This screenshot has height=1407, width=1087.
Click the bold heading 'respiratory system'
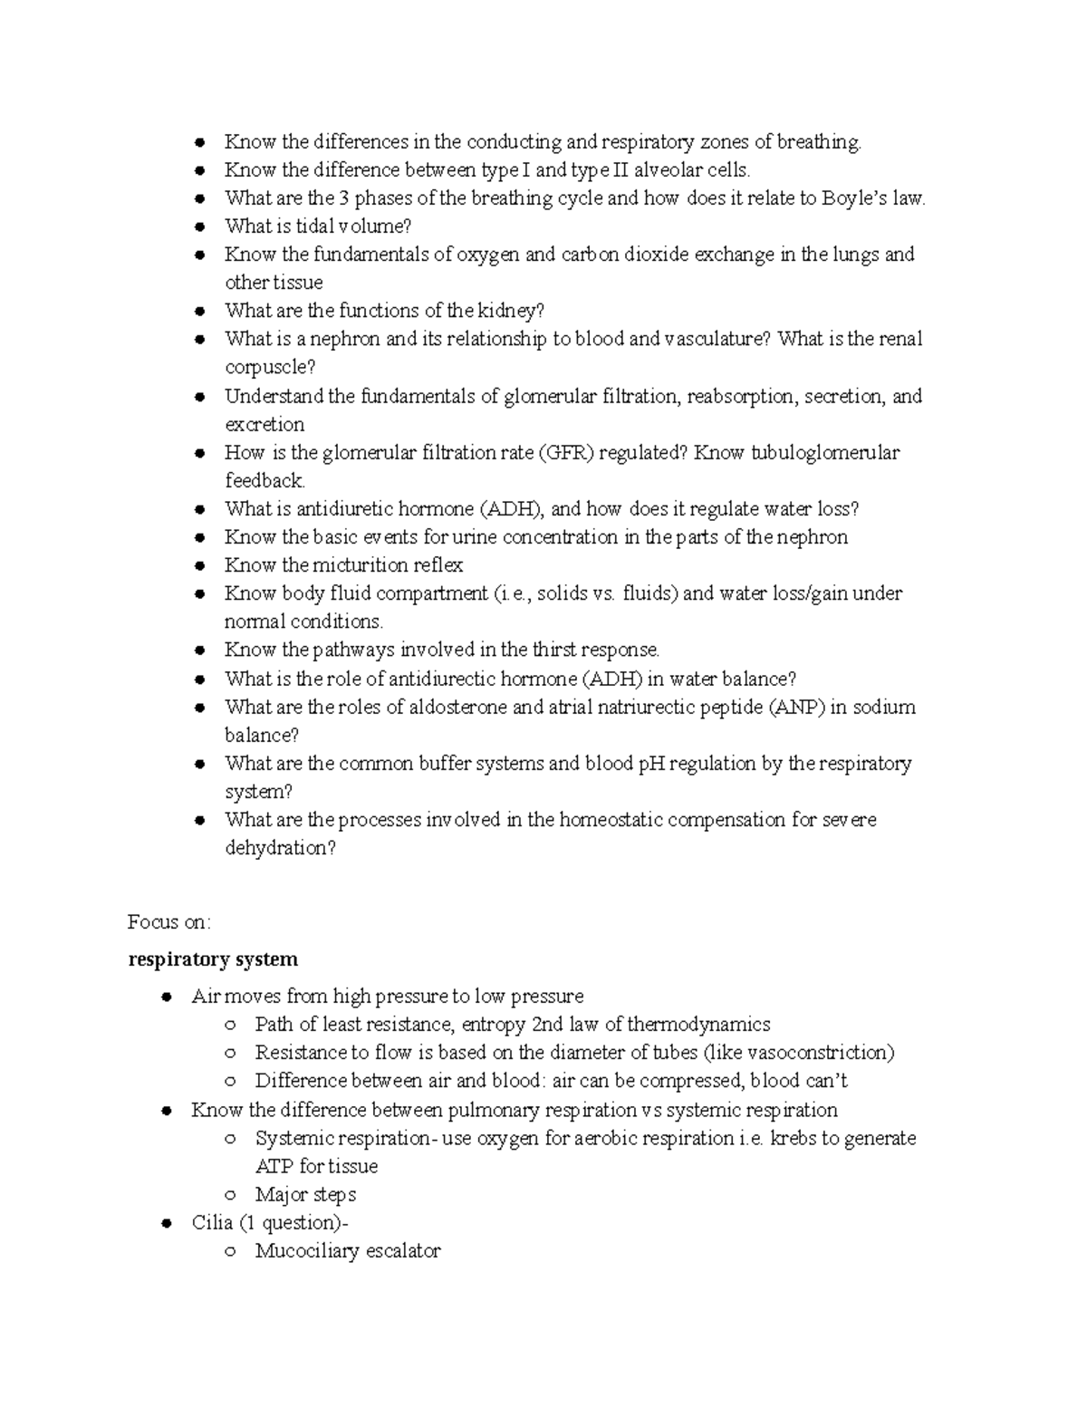click(x=213, y=959)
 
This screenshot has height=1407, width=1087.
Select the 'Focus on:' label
click(x=169, y=922)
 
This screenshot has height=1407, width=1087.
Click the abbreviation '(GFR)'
click(x=567, y=453)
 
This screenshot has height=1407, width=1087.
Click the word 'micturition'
click(x=362, y=565)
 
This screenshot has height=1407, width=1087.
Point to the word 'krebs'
click(x=793, y=1138)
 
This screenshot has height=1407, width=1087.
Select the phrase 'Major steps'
click(x=305, y=1195)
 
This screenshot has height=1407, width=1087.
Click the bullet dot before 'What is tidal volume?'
click(x=200, y=227)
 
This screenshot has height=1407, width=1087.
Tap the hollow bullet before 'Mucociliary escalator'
click(x=231, y=1252)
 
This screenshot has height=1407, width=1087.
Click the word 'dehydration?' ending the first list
click(x=280, y=849)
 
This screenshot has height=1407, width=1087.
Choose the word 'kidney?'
click(x=512, y=312)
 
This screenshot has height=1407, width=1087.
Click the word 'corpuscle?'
click(x=270, y=368)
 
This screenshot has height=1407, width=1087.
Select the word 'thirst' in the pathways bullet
click(x=553, y=650)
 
